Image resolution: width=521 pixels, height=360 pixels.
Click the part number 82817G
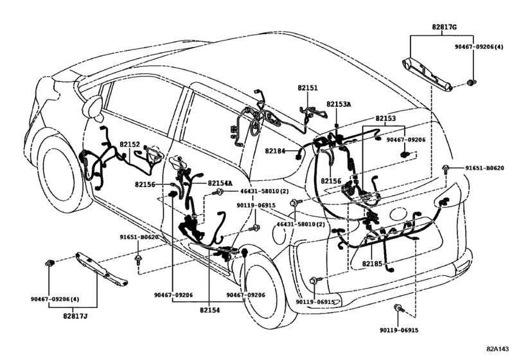(x=445, y=27)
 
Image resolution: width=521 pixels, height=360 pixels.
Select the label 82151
(x=307, y=88)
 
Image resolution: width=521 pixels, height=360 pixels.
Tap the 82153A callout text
(x=339, y=104)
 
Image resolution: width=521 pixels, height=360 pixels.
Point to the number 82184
(x=275, y=151)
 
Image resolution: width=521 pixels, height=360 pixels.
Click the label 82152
(x=130, y=144)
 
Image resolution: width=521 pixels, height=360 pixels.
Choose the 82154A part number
(x=220, y=183)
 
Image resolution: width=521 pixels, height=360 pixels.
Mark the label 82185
(x=373, y=264)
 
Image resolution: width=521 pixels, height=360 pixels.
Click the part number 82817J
(x=75, y=316)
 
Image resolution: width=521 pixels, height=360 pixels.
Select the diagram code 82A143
(x=497, y=349)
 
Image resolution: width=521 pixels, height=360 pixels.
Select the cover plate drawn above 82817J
(x=102, y=269)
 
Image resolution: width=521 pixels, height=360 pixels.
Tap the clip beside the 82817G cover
(x=470, y=82)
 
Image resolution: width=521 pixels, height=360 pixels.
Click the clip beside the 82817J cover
(x=50, y=263)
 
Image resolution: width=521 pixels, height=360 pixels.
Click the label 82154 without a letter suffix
(x=209, y=309)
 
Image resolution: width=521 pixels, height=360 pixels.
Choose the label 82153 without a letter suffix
(x=385, y=118)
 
